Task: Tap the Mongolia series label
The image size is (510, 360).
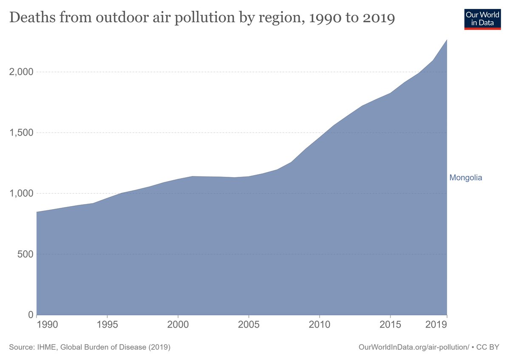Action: [x=466, y=178]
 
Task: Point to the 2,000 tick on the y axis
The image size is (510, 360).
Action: [x=21, y=72]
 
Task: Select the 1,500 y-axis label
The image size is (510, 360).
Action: [x=21, y=133]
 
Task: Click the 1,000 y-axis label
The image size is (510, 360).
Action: [x=21, y=193]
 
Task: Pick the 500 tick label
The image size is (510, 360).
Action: [x=25, y=254]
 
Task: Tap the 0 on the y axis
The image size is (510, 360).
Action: [x=30, y=315]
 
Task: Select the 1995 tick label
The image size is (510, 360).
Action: [x=108, y=325]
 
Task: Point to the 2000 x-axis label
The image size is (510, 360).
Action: [x=178, y=325]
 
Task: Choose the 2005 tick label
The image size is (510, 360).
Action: [x=249, y=325]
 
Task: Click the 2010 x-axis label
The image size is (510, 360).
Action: [x=320, y=325]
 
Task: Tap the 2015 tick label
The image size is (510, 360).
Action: [x=390, y=325]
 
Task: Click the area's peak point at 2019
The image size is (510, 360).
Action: [x=447, y=40]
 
